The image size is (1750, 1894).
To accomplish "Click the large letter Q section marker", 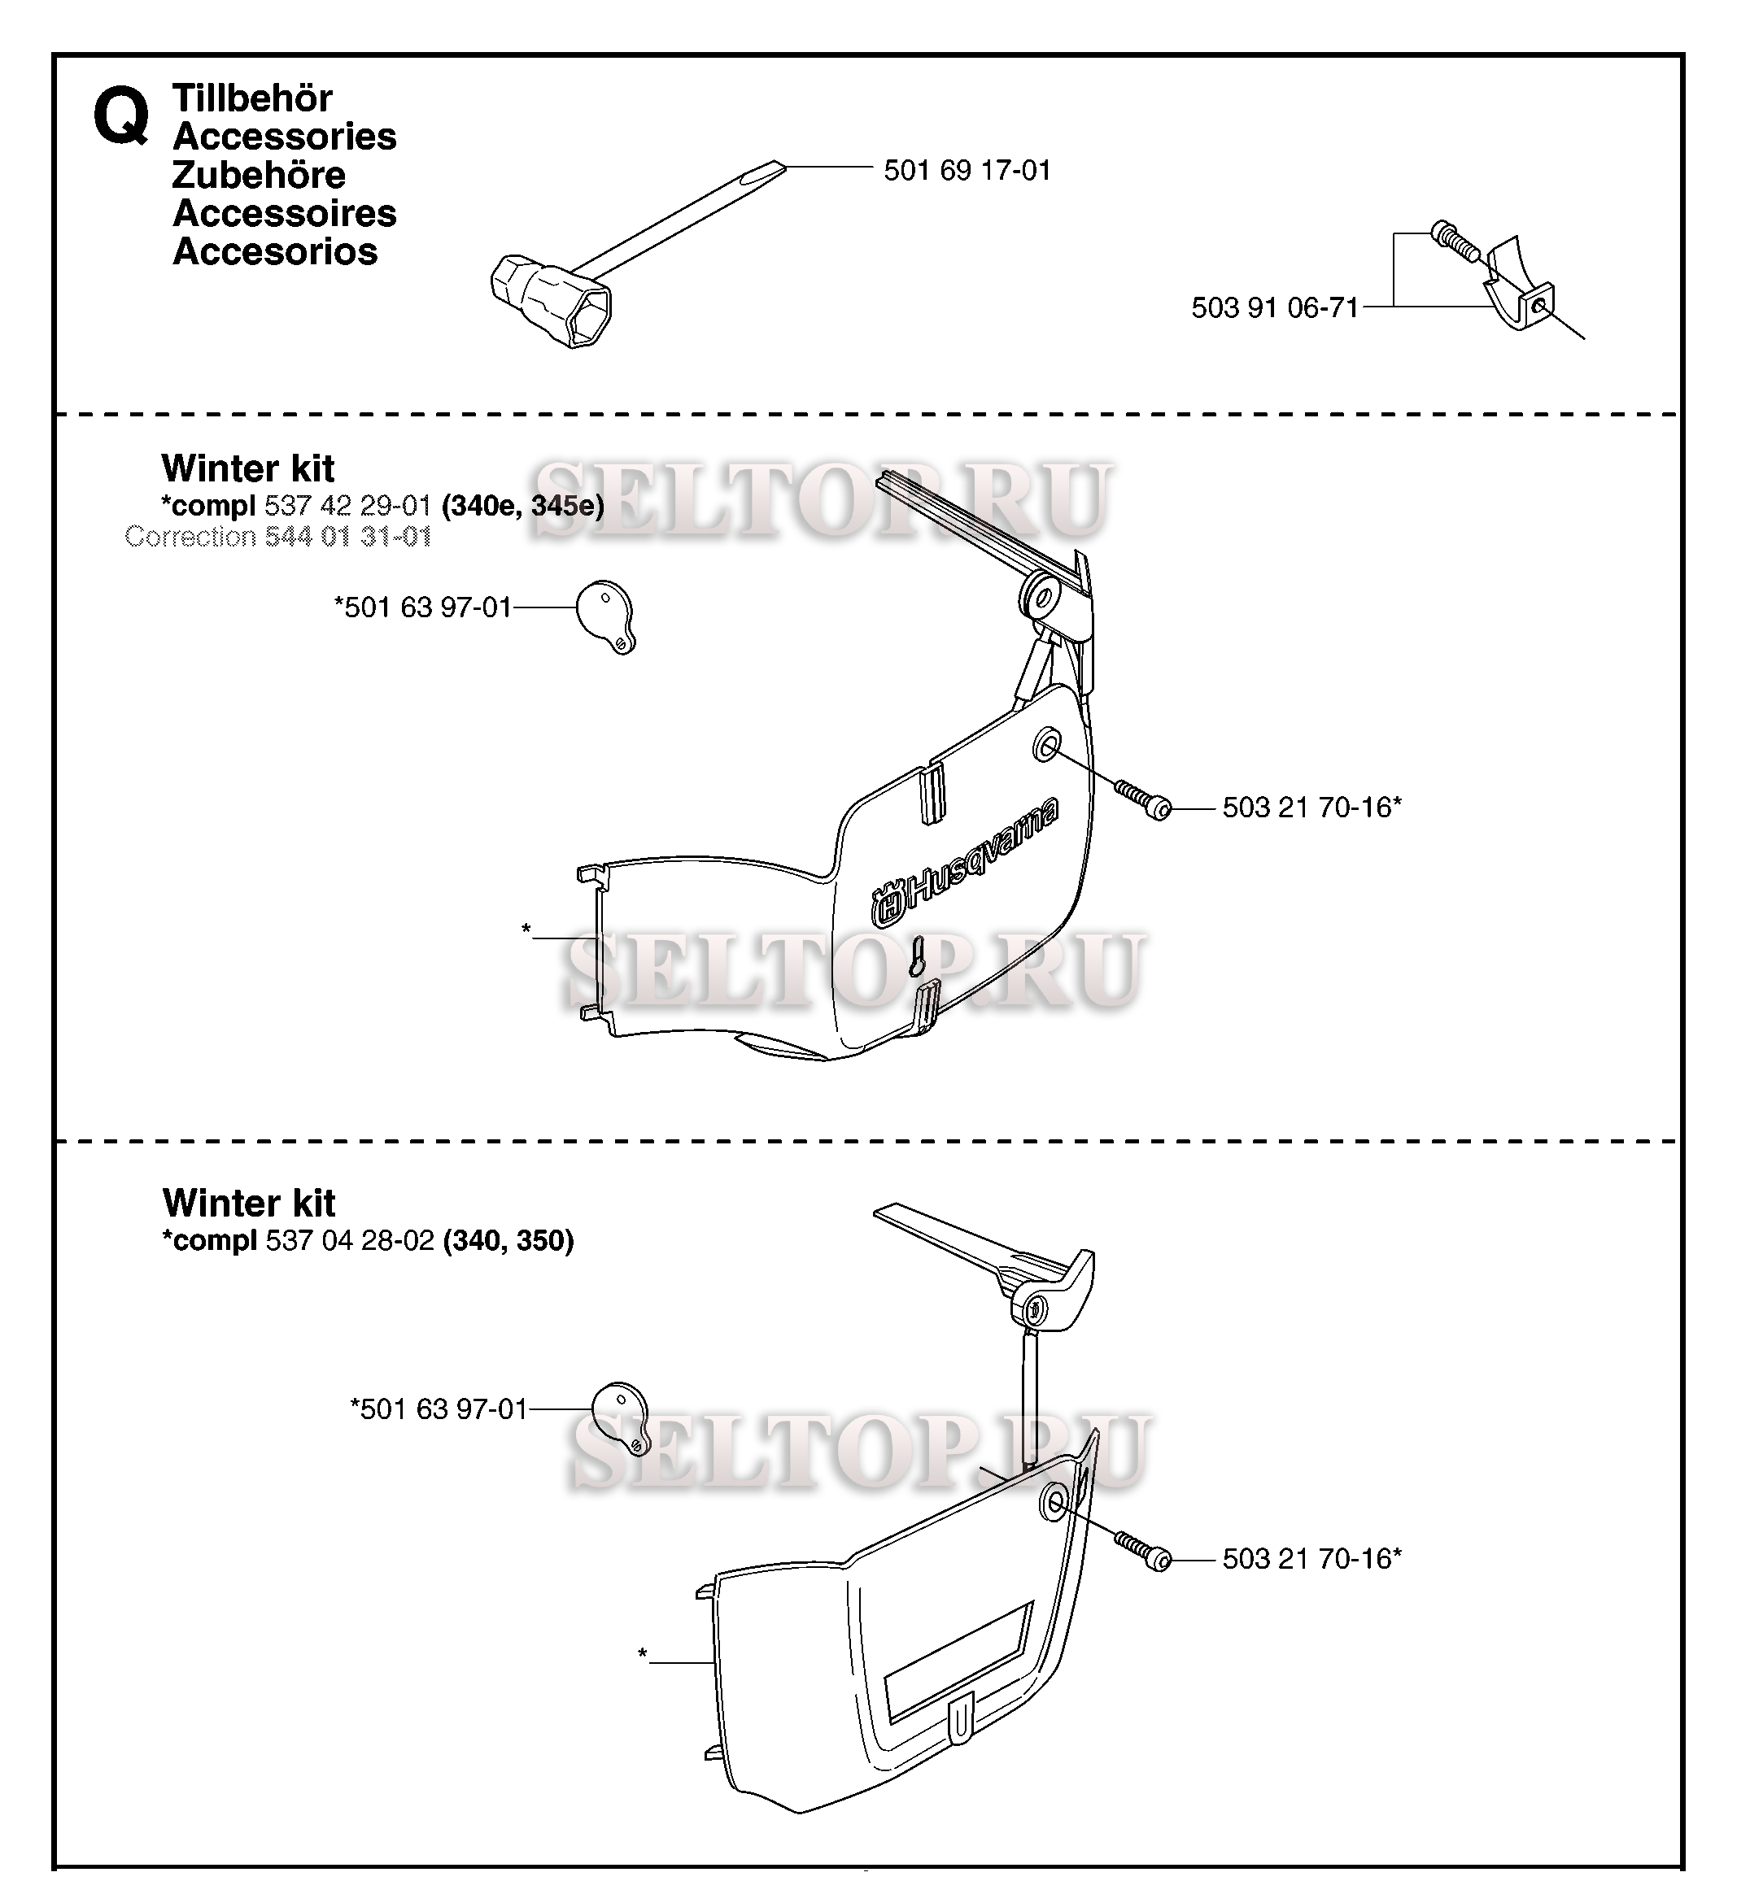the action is (x=121, y=116).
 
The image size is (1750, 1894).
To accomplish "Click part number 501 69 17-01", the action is (x=967, y=171).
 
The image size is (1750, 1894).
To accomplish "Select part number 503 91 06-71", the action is (x=1275, y=307).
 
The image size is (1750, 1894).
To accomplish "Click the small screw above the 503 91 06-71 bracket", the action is (x=1457, y=242).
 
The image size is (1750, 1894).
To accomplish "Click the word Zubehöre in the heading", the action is (x=259, y=175).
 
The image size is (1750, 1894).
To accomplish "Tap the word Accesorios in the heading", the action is (x=275, y=252).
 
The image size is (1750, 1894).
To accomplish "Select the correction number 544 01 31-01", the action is (x=347, y=537).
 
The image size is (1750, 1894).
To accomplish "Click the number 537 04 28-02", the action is (x=350, y=1240).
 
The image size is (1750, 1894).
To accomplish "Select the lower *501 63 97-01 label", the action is (x=439, y=1409).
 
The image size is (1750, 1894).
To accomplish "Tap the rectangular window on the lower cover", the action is (x=958, y=1662).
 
